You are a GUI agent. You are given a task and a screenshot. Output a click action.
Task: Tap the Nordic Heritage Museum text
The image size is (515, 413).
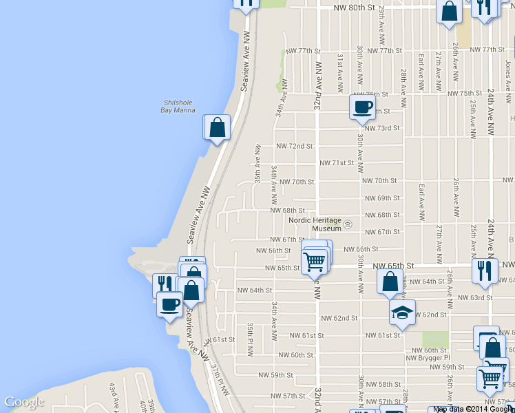click(x=316, y=224)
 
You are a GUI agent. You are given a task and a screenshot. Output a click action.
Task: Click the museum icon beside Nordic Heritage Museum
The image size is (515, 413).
click(x=348, y=224)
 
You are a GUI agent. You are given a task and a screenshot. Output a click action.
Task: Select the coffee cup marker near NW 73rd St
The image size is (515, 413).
click(x=362, y=107)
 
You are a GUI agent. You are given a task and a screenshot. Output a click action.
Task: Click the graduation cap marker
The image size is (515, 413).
click(x=402, y=313)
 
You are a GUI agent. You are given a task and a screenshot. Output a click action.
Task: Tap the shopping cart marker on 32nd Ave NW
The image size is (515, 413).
click(x=314, y=262)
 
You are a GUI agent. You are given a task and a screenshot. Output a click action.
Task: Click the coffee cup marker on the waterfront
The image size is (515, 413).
click(x=170, y=304)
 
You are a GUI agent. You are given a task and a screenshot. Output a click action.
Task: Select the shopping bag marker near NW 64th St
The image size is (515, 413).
click(x=390, y=282)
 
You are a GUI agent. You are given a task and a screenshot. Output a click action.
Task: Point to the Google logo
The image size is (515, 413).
click(x=24, y=402)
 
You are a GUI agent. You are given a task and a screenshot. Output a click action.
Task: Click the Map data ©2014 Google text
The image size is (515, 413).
click(x=473, y=409)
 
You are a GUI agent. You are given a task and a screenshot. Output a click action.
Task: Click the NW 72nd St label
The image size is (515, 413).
click(x=295, y=147)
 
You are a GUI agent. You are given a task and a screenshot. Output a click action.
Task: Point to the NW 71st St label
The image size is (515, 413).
click(x=337, y=163)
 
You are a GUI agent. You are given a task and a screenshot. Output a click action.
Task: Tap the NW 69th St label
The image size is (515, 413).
click(x=378, y=198)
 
